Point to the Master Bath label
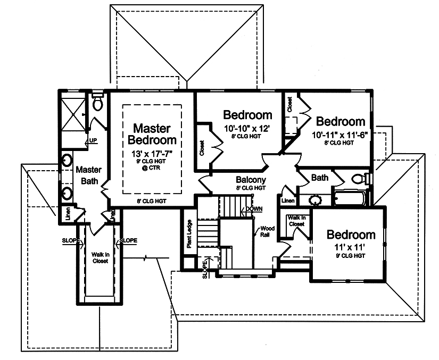(x=88, y=175)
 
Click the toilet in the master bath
(x=97, y=102)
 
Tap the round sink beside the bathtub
(x=316, y=200)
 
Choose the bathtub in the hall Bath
(x=350, y=199)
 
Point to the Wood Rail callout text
(x=266, y=232)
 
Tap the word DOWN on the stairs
(x=254, y=209)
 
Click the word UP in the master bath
(x=93, y=141)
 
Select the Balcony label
(x=251, y=180)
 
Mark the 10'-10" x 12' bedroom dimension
(x=247, y=128)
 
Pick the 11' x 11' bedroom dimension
(x=351, y=247)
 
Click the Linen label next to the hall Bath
(x=288, y=201)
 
